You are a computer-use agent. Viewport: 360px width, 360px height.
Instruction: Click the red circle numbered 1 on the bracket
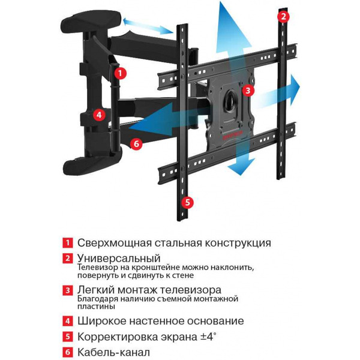121,74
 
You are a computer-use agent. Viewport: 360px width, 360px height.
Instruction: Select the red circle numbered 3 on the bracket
247,90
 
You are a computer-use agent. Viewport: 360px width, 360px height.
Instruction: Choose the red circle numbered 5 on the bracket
188,202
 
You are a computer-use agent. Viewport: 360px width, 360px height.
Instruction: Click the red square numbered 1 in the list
69,243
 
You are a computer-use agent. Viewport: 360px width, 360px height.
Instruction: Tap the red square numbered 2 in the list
69,259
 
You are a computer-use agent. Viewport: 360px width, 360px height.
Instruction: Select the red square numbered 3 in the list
69,290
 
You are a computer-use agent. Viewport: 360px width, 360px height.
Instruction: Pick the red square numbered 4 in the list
69,321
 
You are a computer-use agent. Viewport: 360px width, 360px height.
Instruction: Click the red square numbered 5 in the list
69,337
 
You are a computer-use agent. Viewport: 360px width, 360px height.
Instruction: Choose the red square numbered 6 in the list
69,352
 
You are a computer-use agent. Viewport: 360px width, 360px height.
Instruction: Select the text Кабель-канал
113,352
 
